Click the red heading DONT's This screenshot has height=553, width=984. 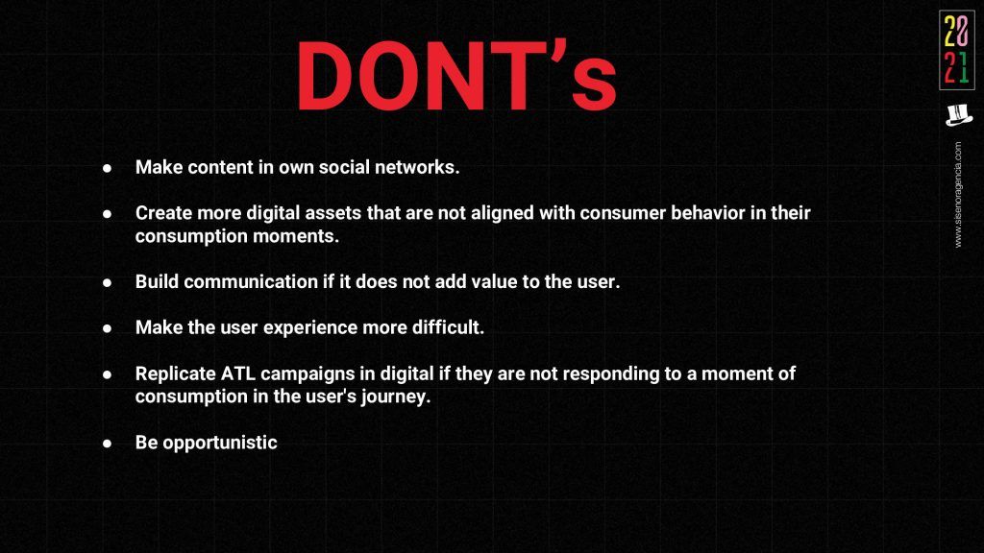456,75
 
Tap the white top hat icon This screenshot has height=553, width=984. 958,115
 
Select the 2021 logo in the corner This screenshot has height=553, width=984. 957,50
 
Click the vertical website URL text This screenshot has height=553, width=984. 958,194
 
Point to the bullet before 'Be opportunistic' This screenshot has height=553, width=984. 108,444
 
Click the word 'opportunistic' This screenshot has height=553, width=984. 220,443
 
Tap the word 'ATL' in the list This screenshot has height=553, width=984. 238,373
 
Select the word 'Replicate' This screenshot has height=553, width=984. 176,374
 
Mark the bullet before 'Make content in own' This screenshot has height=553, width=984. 108,169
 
